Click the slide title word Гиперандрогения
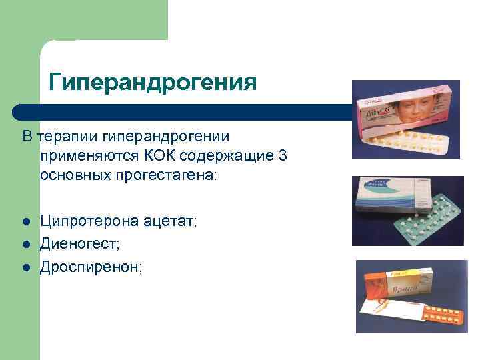(153, 83)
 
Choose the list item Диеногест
(79, 245)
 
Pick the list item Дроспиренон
(91, 267)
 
